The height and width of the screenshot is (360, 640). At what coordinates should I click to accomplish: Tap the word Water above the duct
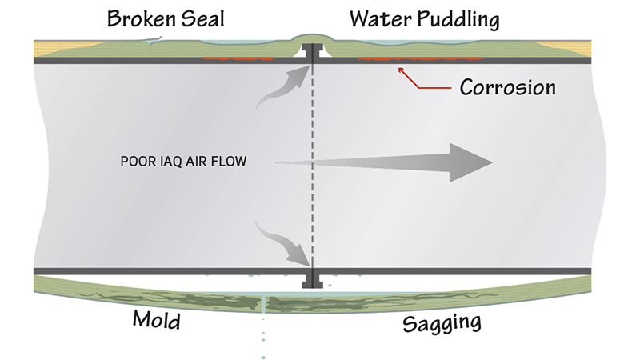374,18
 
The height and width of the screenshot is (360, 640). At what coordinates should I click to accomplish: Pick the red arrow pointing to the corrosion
421,78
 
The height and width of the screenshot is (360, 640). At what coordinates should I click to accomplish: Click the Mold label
156,322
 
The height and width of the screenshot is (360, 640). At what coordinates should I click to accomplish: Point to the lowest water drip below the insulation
263,356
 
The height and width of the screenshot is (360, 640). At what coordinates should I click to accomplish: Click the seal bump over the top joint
311,37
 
